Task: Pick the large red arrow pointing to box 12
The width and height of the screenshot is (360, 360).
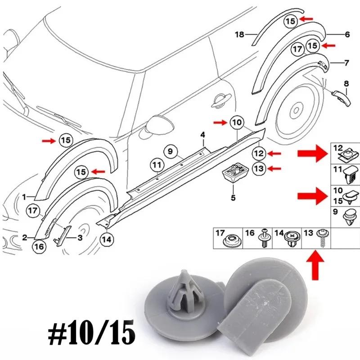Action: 311,154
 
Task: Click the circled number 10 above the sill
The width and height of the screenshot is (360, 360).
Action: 237,122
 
